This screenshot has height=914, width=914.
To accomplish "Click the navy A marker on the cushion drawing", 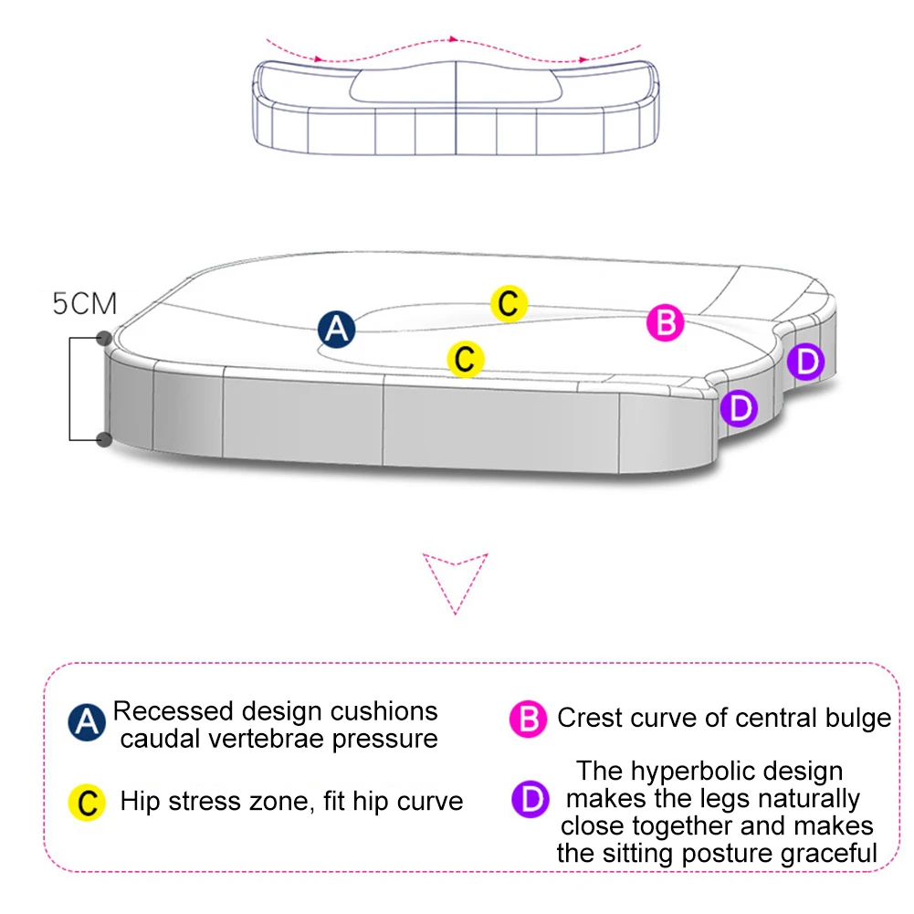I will (x=337, y=330).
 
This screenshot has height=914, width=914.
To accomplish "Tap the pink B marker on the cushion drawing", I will (x=666, y=323).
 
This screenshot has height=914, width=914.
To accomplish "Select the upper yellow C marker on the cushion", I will (x=510, y=303).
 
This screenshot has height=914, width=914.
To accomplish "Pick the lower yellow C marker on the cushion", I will (x=465, y=359).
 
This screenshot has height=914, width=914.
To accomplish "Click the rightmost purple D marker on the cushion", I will (x=805, y=362).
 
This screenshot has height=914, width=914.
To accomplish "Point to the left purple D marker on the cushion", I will (x=739, y=407).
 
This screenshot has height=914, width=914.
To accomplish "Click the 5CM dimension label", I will (x=84, y=304).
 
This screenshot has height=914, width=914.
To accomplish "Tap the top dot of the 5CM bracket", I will (x=104, y=339).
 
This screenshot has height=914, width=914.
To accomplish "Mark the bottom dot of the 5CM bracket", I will (x=104, y=440).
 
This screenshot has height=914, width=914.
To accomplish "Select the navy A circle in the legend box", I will (x=87, y=723).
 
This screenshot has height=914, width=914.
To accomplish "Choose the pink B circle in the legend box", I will (x=528, y=720).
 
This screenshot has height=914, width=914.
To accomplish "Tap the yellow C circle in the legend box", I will (x=87, y=803).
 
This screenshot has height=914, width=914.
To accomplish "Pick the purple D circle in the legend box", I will (x=530, y=800).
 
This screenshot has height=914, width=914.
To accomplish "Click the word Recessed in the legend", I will (x=173, y=711).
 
